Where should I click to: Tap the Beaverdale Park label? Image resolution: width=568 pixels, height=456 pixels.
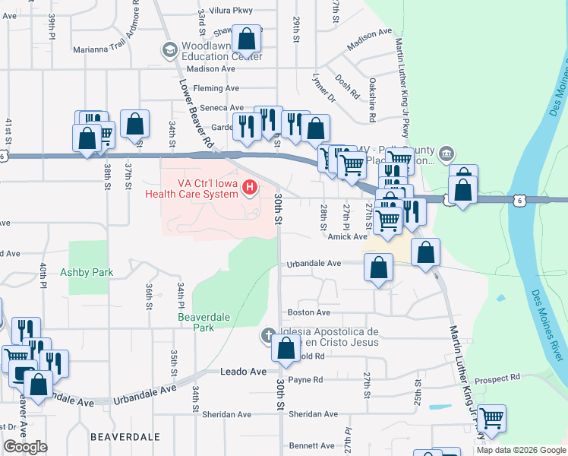click(x=196, y=322)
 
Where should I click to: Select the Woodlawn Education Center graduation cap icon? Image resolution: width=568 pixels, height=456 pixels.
click(x=169, y=50)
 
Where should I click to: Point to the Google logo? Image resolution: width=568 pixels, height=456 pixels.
click(x=26, y=447)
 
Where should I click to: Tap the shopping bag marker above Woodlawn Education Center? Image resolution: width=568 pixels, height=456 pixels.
click(x=247, y=38)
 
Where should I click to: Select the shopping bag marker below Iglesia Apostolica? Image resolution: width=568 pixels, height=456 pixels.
click(x=286, y=349)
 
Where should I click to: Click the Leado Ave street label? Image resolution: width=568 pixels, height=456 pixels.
click(x=244, y=372)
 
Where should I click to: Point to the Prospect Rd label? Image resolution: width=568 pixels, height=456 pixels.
click(x=497, y=378)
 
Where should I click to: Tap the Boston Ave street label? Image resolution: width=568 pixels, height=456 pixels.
click(x=308, y=312)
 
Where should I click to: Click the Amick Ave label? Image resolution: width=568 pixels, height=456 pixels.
click(x=349, y=237)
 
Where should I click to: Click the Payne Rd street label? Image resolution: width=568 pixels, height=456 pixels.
click(x=305, y=380)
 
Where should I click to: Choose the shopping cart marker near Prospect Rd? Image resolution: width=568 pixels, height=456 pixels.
click(x=491, y=417)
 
